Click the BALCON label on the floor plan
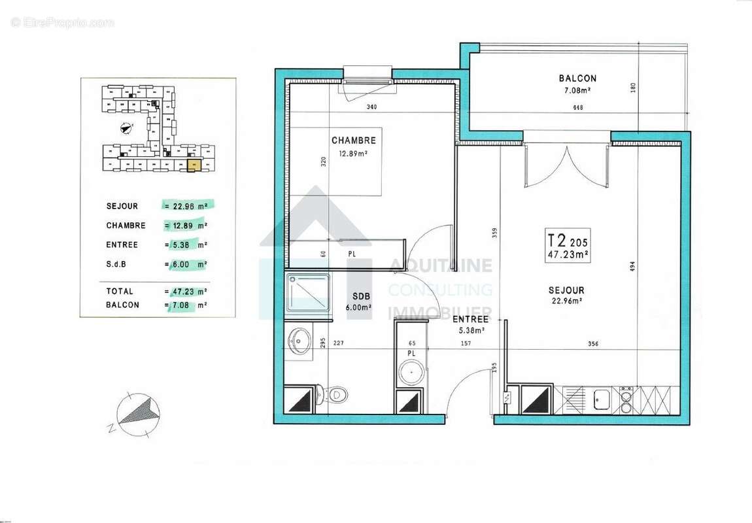[x=577, y=78]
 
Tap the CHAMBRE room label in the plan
[x=353, y=141]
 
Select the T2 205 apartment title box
[x=568, y=245]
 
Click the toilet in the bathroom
[x=334, y=394]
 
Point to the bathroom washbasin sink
[x=301, y=340]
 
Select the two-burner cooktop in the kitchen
[x=626, y=399]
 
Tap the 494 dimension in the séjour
[x=632, y=267]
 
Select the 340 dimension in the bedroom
[x=371, y=107]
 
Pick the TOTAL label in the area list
[x=120, y=292]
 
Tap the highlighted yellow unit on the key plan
[x=192, y=166]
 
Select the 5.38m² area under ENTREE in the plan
[x=470, y=331]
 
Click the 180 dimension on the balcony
[x=632, y=88]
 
